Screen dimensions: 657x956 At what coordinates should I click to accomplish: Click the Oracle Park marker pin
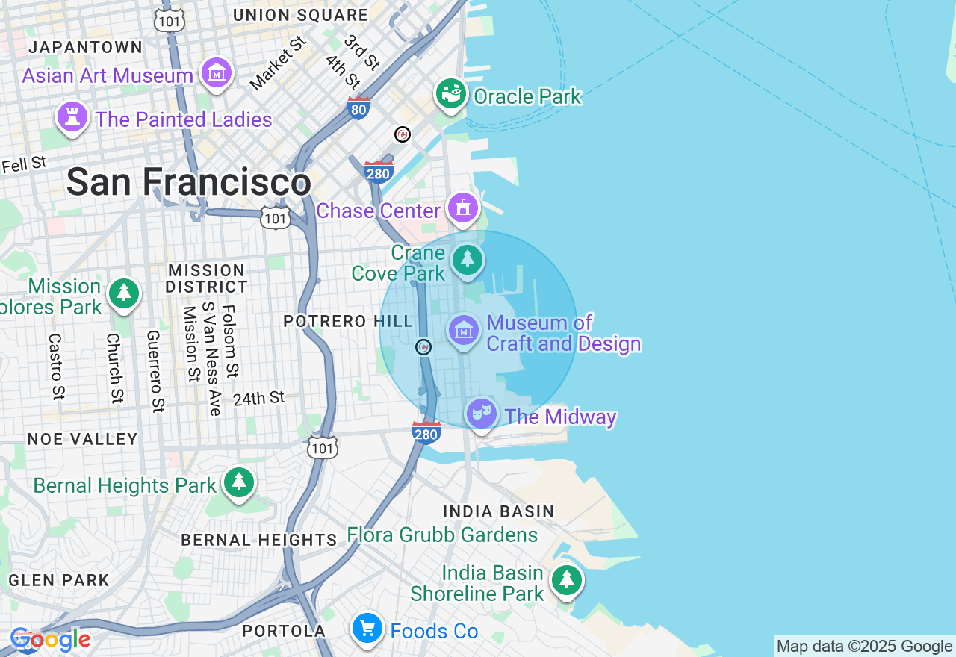pyautogui.click(x=451, y=95)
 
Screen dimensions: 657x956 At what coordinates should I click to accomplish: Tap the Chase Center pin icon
pyautogui.click(x=463, y=208)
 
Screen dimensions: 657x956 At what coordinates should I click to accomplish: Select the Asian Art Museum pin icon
pyautogui.click(x=217, y=74)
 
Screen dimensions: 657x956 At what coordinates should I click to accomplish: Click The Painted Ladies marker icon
pyautogui.click(x=72, y=118)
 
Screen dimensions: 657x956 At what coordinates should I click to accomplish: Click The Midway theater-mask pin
pyautogui.click(x=482, y=413)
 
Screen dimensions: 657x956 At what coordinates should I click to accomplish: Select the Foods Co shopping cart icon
pyautogui.click(x=367, y=628)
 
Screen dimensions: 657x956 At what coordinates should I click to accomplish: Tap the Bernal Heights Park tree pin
pyautogui.click(x=239, y=483)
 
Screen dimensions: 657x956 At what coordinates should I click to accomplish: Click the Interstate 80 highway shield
pyautogui.click(x=358, y=109)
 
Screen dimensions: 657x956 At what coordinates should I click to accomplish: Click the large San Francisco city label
pyautogui.click(x=188, y=182)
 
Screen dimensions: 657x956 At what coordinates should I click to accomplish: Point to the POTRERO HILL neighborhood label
pyautogui.click(x=347, y=322)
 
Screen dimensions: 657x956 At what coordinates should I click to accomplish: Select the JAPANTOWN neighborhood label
pyautogui.click(x=85, y=48)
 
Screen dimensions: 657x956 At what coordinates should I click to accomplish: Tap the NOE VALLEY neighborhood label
pyautogui.click(x=82, y=439)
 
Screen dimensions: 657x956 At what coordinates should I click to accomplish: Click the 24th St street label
pyautogui.click(x=258, y=399)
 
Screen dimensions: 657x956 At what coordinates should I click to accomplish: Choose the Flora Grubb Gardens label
pyautogui.click(x=442, y=535)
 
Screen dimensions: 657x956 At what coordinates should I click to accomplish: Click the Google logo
pyautogui.click(x=50, y=640)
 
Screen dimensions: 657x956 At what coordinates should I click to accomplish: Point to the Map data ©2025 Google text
pyautogui.click(x=864, y=647)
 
